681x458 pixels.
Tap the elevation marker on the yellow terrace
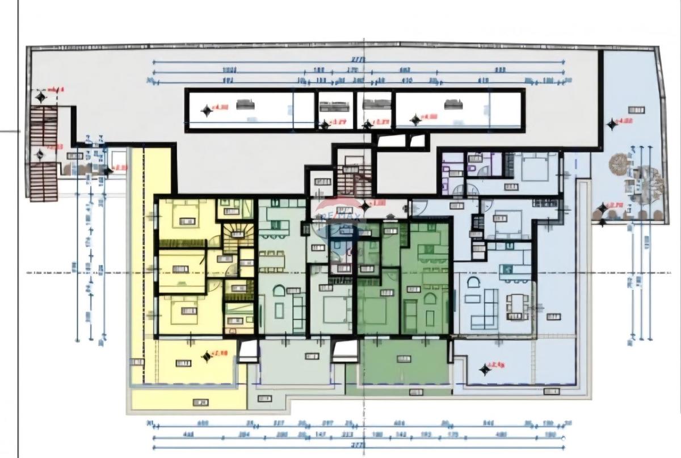coord(207,356)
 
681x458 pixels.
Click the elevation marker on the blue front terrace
coord(485,369)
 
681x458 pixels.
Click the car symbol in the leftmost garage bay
coord(246,104)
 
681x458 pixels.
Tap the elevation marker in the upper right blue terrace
coord(611,124)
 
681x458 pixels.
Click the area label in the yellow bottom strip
coord(200,402)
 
